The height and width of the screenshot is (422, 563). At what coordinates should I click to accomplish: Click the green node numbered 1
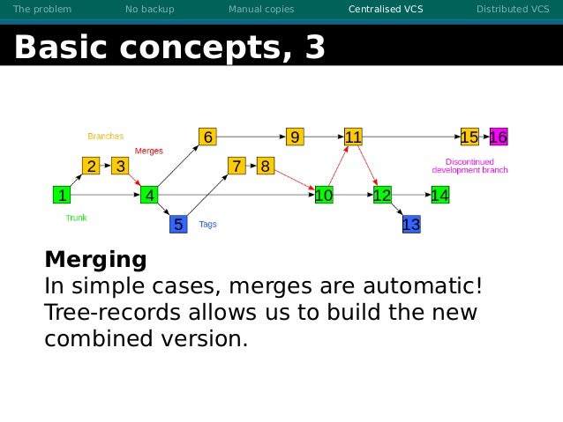[61, 195]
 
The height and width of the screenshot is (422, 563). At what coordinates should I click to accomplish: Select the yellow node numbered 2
[91, 166]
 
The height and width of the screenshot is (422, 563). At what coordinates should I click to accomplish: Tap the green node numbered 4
[150, 195]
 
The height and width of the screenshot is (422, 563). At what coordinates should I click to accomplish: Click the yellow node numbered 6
[207, 137]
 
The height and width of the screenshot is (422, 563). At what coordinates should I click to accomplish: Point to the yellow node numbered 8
[265, 166]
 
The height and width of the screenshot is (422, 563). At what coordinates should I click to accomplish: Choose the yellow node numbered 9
[295, 137]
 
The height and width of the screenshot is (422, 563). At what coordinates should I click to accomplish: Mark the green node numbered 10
[323, 195]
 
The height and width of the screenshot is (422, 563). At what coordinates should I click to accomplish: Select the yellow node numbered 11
[353, 137]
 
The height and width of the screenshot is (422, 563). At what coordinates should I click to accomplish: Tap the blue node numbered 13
[410, 225]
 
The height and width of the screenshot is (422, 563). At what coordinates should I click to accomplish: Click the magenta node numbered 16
[499, 137]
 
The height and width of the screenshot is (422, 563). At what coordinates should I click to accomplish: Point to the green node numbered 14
[439, 195]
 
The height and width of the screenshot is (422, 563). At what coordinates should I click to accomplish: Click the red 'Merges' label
[148, 152]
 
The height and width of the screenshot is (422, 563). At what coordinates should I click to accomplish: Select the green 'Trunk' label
[76, 217]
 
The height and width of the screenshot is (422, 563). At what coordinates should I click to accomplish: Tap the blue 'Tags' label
[207, 224]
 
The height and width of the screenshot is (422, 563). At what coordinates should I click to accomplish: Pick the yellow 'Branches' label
[105, 137]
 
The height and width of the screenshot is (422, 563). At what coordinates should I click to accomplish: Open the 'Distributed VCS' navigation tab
[512, 10]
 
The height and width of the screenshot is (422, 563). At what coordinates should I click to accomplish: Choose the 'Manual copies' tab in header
[261, 10]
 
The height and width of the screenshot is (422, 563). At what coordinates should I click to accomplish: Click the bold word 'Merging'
[95, 260]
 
